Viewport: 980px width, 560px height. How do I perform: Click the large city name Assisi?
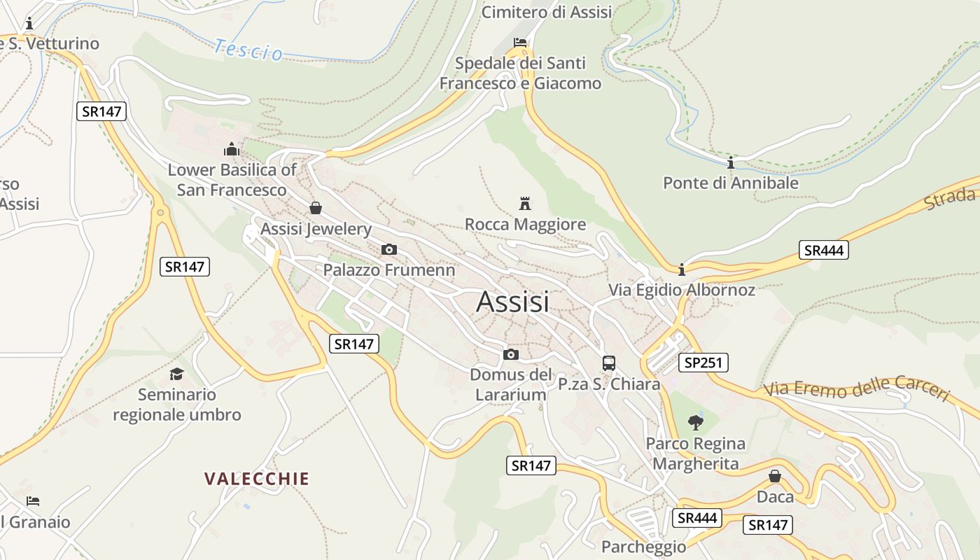(512, 302)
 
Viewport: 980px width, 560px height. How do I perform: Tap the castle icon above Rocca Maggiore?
(524, 204)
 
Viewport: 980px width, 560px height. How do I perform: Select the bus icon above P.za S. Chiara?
(609, 363)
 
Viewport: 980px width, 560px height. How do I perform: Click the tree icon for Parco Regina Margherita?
(695, 422)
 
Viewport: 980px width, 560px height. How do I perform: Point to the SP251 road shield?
(703, 363)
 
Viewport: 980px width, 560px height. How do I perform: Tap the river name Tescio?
(248, 50)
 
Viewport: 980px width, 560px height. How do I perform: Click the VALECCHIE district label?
(256, 479)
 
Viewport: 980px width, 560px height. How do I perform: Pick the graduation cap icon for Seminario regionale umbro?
(176, 374)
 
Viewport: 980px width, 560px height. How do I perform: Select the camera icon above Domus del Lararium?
(511, 354)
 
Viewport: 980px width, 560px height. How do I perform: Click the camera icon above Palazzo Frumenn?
(389, 249)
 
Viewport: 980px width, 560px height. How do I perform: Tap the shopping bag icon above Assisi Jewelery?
(315, 208)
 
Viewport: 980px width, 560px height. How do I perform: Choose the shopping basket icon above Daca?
(775, 476)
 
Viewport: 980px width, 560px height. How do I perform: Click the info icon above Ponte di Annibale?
(731, 163)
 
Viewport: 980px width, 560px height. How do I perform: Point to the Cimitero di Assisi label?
(547, 12)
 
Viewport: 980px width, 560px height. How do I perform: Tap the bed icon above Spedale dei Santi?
(519, 43)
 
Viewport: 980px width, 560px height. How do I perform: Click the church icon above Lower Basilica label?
(231, 149)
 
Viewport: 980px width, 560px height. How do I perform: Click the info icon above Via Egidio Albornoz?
(681, 269)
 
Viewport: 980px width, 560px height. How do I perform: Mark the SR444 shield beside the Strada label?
(824, 251)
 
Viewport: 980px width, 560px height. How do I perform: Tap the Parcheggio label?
(643, 547)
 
